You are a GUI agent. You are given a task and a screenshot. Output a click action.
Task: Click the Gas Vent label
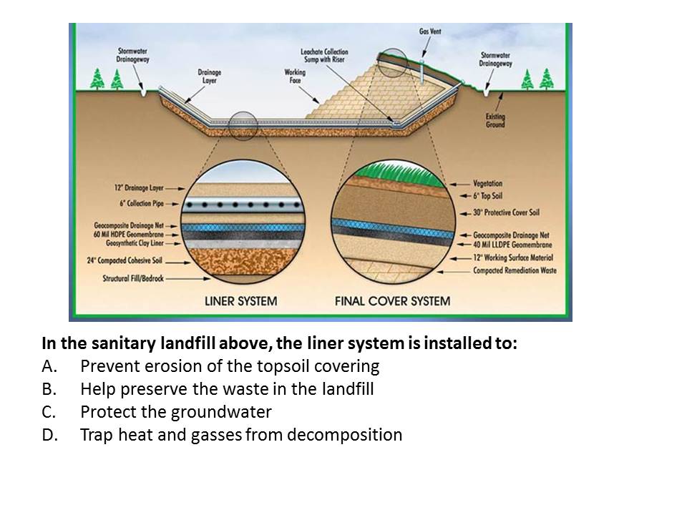point(430,31)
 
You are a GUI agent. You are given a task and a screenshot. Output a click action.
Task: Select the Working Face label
point(295,76)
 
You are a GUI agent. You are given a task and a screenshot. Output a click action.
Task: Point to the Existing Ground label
point(495,119)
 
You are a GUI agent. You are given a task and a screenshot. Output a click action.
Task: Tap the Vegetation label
point(488,184)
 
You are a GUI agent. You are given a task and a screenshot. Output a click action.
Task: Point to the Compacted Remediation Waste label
point(515,270)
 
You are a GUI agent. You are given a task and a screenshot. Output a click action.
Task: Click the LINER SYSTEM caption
point(240,300)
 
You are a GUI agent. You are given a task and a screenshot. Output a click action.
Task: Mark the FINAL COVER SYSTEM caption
point(393,300)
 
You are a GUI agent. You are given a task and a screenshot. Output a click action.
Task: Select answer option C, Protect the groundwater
point(175,412)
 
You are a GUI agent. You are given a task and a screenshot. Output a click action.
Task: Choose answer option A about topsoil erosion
point(229,366)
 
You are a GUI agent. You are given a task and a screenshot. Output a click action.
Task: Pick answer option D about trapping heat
point(240,435)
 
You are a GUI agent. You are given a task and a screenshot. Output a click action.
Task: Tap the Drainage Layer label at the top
point(210,77)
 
